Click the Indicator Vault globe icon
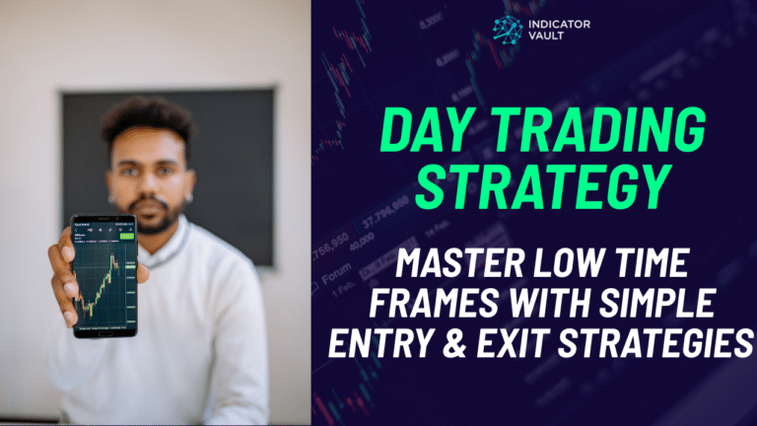(x=508, y=30)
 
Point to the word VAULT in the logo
(x=548, y=38)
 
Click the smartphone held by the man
(x=103, y=276)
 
